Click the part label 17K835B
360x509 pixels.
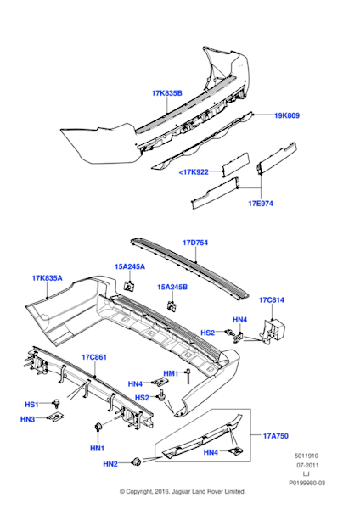[x=167, y=93]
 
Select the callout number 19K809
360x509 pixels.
[x=287, y=115]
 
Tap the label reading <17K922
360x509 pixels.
[x=194, y=171]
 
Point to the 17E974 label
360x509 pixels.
[x=261, y=204]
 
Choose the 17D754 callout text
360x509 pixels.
[x=195, y=243]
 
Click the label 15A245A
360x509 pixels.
[x=130, y=266]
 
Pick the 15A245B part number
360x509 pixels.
[x=172, y=287]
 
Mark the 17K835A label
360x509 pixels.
[x=47, y=278]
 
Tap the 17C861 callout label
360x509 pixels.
[x=94, y=357]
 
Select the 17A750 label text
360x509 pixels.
[x=276, y=436]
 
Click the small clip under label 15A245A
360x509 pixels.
[x=129, y=287]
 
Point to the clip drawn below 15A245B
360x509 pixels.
[x=172, y=305]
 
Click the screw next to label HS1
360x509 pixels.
[x=57, y=403]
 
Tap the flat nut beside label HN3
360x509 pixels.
[x=56, y=417]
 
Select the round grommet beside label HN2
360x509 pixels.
[x=136, y=461]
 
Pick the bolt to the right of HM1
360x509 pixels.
[x=188, y=376]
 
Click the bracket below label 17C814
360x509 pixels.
[x=273, y=330]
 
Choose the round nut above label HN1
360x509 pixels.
[x=98, y=427]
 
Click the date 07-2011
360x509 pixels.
[x=307, y=465]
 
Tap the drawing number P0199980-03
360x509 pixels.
[x=307, y=483]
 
